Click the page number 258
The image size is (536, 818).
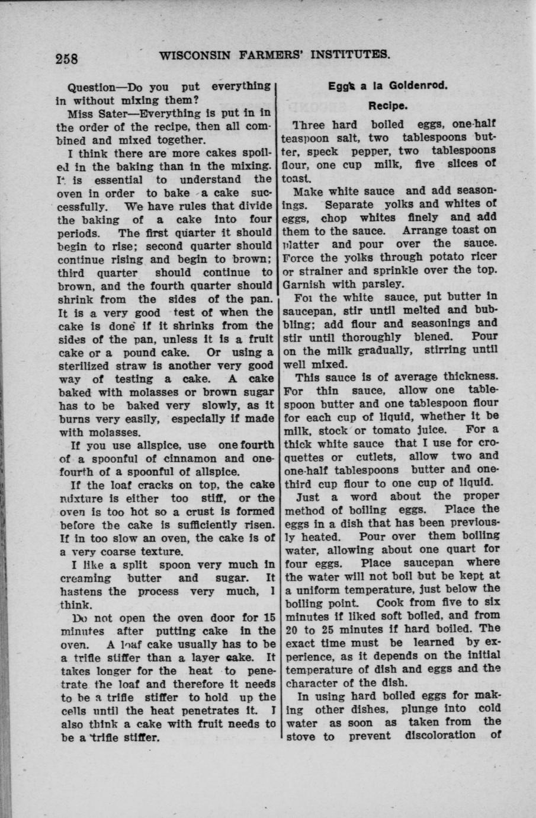point(67,59)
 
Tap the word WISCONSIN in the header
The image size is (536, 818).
point(195,55)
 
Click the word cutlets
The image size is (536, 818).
point(380,456)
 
